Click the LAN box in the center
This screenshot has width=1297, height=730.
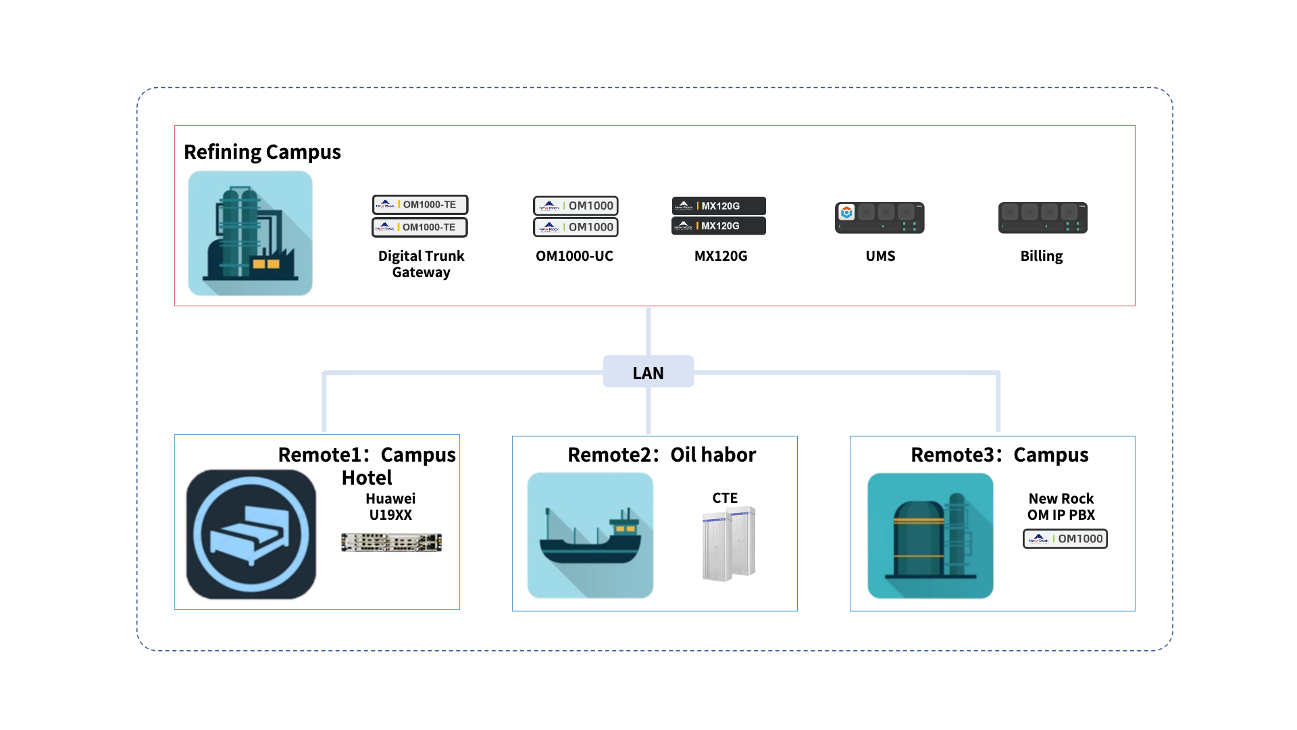pyautogui.click(x=648, y=372)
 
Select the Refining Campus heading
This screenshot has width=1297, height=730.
pyautogui.click(x=262, y=152)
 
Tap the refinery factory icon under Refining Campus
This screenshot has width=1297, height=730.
pyautogui.click(x=250, y=233)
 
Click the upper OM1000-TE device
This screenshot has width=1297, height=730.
pyautogui.click(x=420, y=205)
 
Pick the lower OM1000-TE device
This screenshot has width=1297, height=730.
pyautogui.click(x=419, y=227)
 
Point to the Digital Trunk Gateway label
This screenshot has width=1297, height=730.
pyautogui.click(x=421, y=264)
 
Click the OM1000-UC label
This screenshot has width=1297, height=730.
pyautogui.click(x=574, y=256)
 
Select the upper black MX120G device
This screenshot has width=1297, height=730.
pyautogui.click(x=719, y=205)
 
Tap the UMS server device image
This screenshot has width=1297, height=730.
pyautogui.click(x=880, y=218)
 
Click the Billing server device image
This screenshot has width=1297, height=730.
pyautogui.click(x=1043, y=218)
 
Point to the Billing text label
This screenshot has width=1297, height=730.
pyautogui.click(x=1042, y=256)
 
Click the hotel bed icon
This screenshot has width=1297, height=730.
pyautogui.click(x=251, y=535)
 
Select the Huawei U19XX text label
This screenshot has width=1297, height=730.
pyautogui.click(x=390, y=507)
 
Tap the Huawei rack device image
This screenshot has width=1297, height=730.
pyautogui.click(x=392, y=543)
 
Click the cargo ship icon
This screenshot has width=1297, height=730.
pyautogui.click(x=590, y=535)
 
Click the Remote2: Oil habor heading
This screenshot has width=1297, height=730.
pyautogui.click(x=662, y=455)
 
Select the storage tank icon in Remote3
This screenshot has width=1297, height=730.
pyautogui.click(x=930, y=536)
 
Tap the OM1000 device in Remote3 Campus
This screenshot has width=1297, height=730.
pyautogui.click(x=1065, y=539)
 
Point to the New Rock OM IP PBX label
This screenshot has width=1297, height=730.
pyautogui.click(x=1061, y=507)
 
